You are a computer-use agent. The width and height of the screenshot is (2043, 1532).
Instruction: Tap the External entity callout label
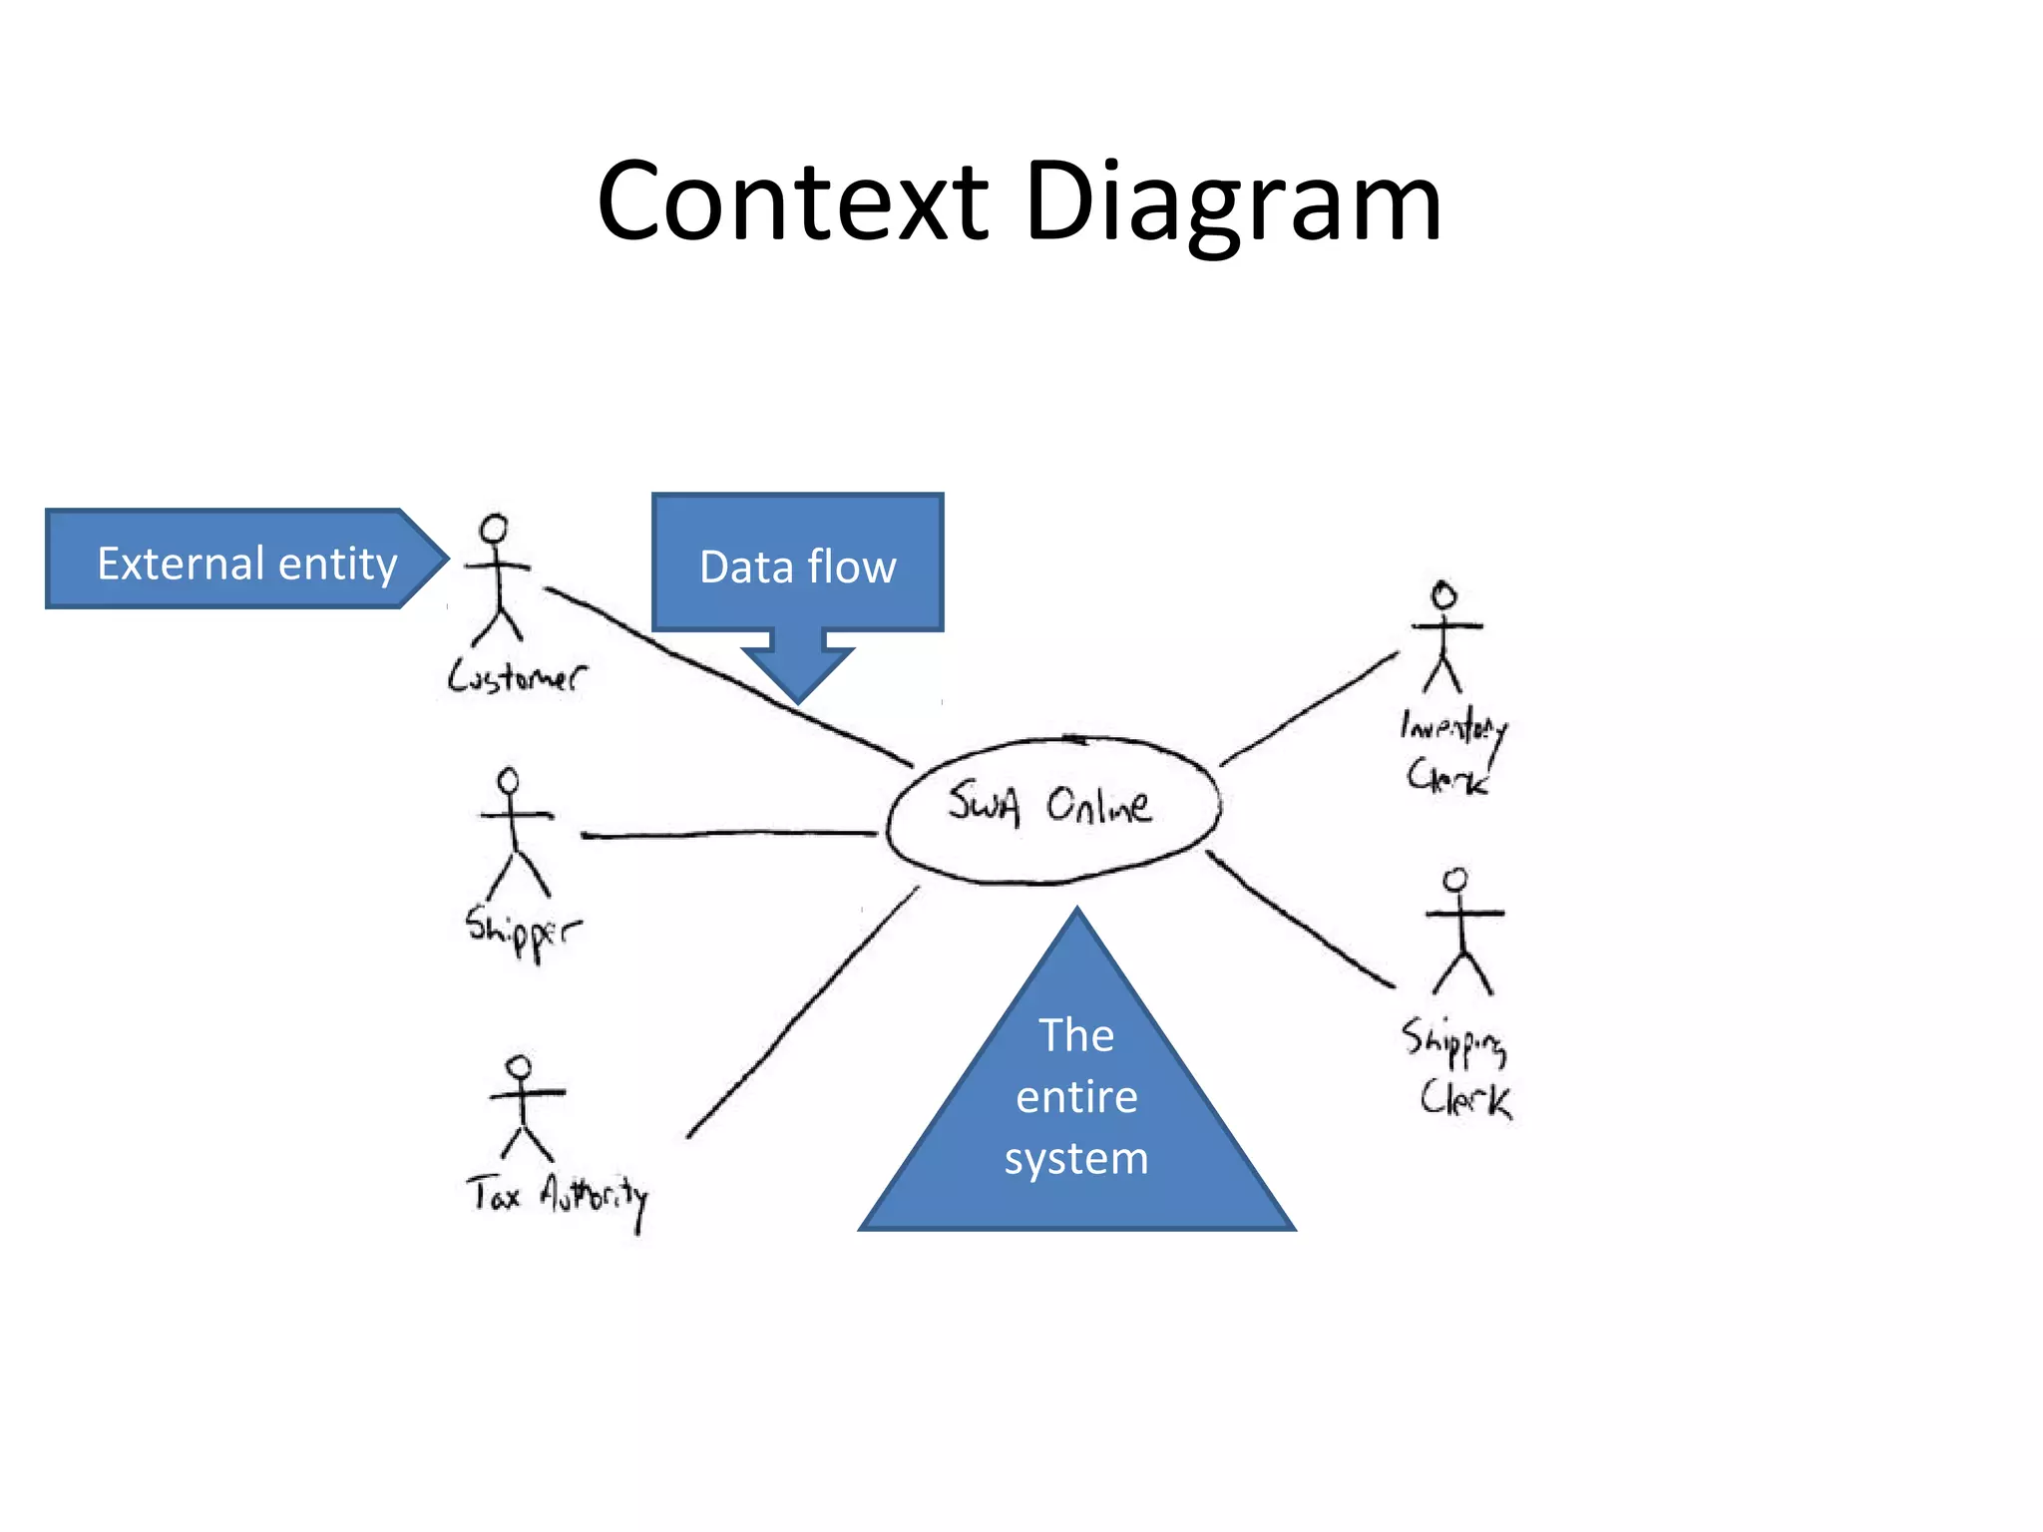point(246,564)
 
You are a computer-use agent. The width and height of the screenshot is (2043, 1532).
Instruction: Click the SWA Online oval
point(1052,808)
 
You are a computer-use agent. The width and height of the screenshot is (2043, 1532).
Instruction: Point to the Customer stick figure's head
point(494,529)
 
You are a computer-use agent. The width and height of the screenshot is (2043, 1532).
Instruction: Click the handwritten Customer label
point(516,677)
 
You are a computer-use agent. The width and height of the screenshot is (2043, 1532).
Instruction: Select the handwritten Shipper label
point(522,933)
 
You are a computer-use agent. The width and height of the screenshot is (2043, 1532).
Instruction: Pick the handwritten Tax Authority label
point(557,1197)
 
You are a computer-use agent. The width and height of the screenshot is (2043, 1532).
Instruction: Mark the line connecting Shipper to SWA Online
point(728,834)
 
